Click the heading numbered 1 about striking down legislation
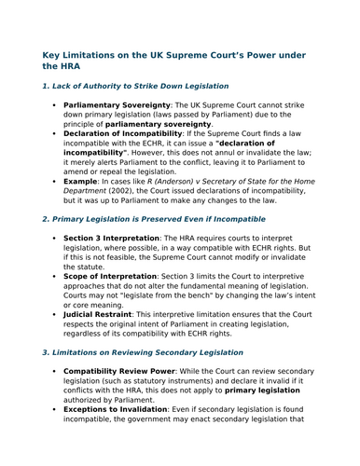(x=135, y=86)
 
